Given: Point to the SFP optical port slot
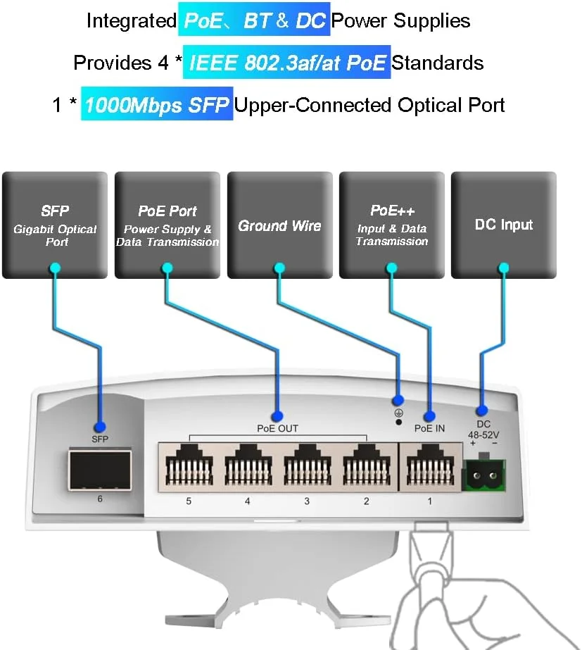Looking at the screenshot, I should (99, 469).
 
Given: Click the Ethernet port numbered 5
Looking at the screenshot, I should (188, 467).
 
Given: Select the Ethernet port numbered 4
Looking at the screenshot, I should (247, 467).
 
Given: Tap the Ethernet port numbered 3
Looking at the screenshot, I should (306, 467).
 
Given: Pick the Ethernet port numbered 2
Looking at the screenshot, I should (366, 467).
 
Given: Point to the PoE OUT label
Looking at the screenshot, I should (277, 428).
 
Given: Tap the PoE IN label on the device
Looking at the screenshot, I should (429, 428).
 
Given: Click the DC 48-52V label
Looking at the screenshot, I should (483, 430).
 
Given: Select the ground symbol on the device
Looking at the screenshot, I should (398, 413).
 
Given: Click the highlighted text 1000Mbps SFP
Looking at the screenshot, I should (157, 105).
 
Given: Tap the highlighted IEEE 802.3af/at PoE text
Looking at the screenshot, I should (286, 63).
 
